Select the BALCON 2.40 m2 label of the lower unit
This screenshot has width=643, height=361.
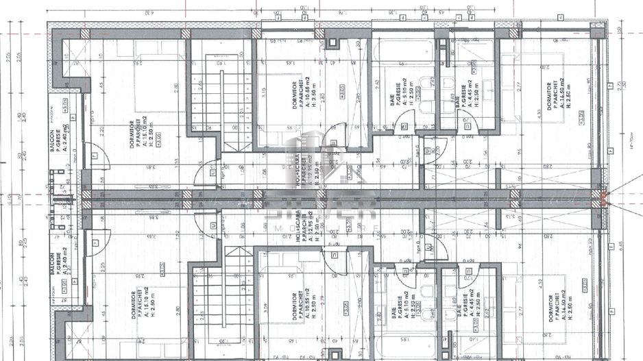coord(58,267)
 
